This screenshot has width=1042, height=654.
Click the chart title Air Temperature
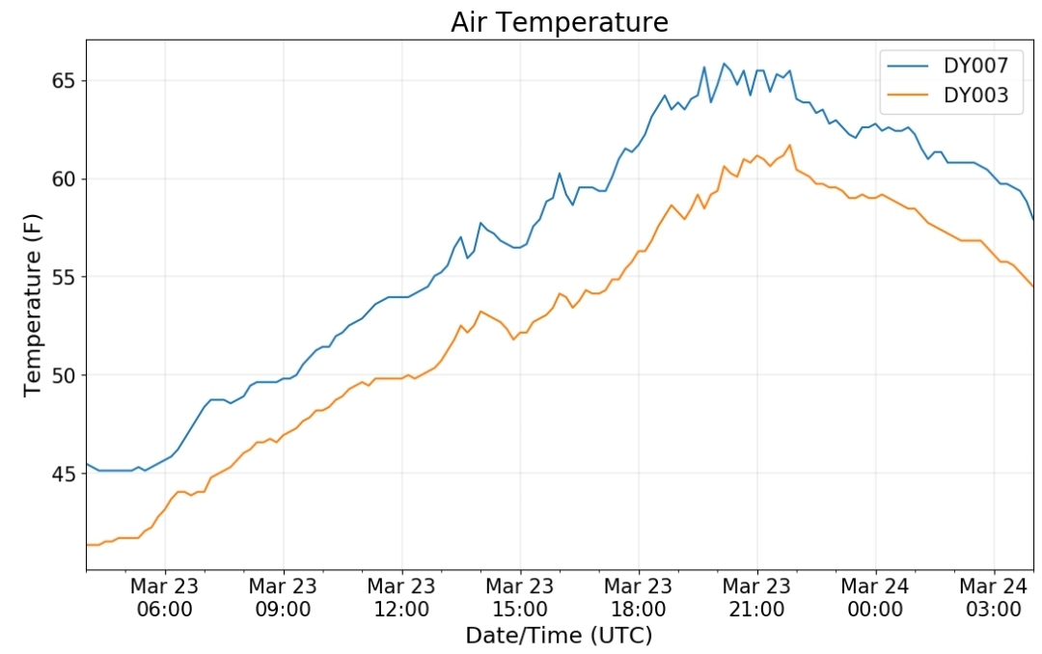[560, 22]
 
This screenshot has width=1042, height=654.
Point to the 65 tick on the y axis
[66, 81]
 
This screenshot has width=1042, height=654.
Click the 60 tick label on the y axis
[66, 179]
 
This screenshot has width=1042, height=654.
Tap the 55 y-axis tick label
[66, 277]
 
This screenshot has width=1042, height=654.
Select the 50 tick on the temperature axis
[66, 375]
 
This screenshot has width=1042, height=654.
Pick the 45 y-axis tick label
[66, 474]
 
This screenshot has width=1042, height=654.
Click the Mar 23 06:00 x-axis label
[165, 597]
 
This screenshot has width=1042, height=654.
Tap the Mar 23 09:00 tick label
[283, 597]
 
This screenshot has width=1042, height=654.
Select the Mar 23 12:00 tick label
[401, 597]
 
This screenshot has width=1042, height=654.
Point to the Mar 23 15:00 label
[520, 597]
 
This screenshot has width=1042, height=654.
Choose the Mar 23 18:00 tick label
[639, 597]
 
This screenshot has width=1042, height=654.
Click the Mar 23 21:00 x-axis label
[757, 597]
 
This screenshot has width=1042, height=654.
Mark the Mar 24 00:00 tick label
[875, 597]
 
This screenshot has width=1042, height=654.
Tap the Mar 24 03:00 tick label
[994, 597]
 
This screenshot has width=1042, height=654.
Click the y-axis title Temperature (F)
[33, 305]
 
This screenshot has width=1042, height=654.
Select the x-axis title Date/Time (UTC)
[559, 636]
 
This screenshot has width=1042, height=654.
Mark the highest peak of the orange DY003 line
[789, 145]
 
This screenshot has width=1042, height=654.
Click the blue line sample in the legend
[908, 66]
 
